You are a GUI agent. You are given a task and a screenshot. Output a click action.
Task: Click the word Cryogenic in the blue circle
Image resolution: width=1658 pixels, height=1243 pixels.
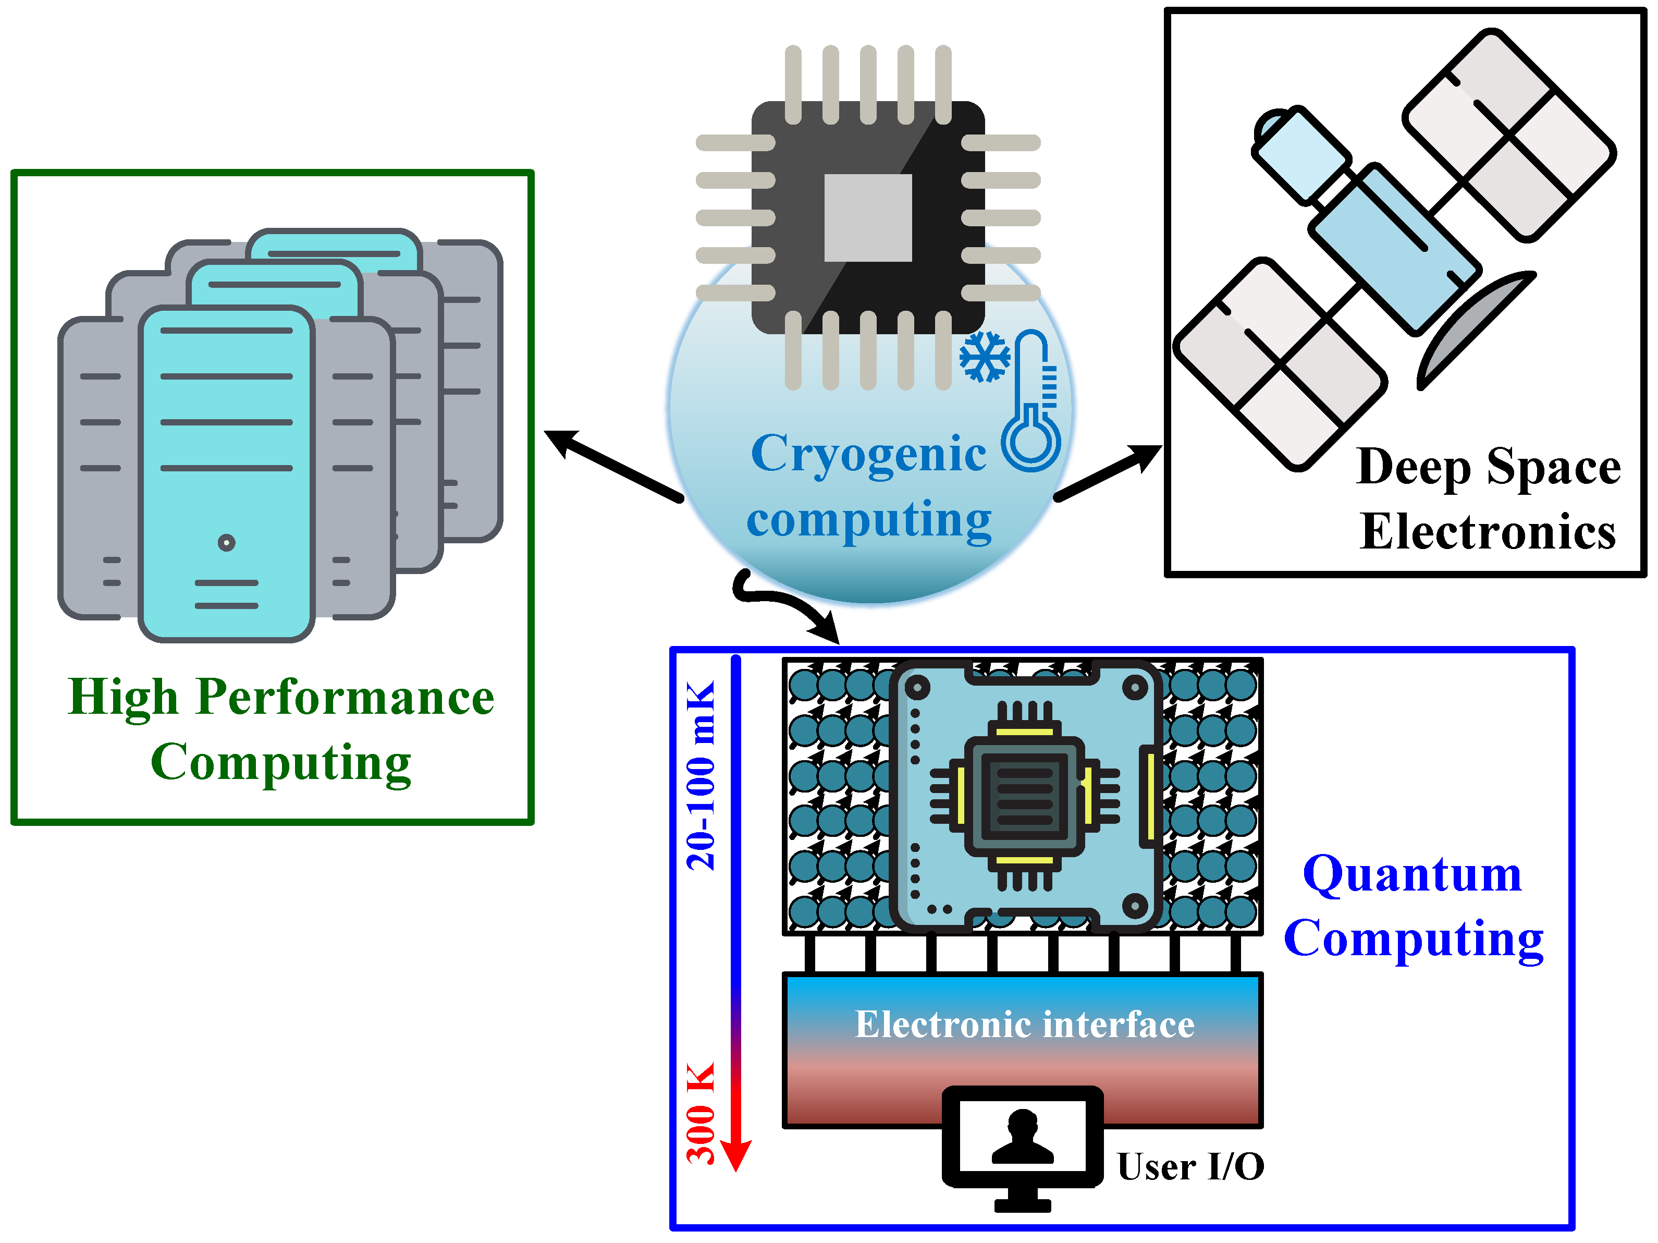point(868,454)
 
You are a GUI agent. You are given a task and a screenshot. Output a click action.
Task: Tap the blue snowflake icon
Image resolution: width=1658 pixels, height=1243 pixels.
point(984,356)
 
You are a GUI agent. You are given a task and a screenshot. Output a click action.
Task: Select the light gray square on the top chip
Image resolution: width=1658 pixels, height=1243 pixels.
point(867,217)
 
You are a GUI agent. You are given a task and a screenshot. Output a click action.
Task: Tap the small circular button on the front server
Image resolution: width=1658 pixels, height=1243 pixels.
point(226,542)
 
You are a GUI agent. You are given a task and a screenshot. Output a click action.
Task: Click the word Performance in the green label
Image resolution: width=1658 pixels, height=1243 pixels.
point(345,697)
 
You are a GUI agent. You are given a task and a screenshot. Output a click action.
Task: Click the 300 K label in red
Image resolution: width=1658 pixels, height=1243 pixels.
point(702,1113)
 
